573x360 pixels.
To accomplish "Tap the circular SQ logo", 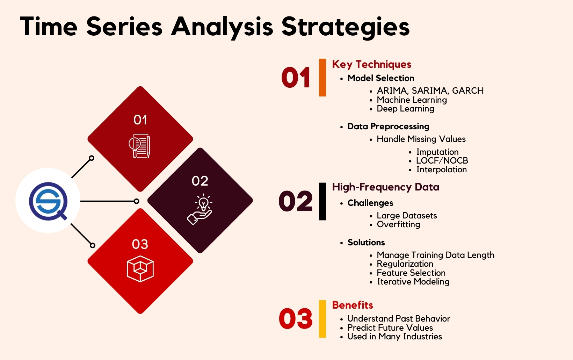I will (48, 201).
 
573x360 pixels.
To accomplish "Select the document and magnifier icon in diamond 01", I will (140, 146).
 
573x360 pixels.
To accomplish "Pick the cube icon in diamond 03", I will (140, 268).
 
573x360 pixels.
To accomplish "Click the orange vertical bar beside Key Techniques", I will (322, 77).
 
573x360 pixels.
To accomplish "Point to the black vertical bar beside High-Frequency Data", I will (322, 201).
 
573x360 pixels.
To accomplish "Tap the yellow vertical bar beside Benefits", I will (322, 319).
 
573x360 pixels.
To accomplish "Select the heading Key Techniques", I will (371, 64).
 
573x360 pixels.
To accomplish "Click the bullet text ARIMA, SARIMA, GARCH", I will (430, 91).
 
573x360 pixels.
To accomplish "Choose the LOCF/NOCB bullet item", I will (442, 161).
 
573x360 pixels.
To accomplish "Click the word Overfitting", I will (398, 224).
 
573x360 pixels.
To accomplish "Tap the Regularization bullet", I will (405, 264).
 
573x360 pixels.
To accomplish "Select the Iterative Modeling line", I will (413, 282).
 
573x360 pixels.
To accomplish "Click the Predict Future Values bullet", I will (390, 328).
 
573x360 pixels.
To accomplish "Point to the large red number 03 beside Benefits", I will (296, 319).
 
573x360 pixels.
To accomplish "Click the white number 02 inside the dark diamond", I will (200, 181).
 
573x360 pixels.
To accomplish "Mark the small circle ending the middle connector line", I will (137, 201).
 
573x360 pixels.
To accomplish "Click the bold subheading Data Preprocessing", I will (388, 127).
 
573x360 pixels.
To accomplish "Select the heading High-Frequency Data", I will (385, 187).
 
